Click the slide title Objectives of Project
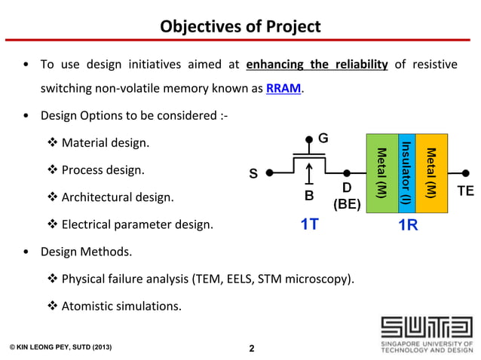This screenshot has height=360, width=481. pos(240,27)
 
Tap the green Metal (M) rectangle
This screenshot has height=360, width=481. pos(381,168)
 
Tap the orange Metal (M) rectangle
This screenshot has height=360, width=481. pos(431,168)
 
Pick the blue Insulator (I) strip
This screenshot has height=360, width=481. pos(406,168)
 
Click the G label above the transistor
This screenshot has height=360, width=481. pos(323,139)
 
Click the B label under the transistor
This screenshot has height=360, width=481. pos(308,196)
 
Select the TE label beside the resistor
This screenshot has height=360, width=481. pos(465,192)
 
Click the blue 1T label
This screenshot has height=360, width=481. pos(309,224)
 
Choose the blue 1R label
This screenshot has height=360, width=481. pos(408,224)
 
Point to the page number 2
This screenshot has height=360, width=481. pos(252,348)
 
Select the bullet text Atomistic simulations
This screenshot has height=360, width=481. pos(121,306)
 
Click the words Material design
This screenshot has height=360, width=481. pos(106,142)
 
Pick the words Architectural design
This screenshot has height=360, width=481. pos(117,197)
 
